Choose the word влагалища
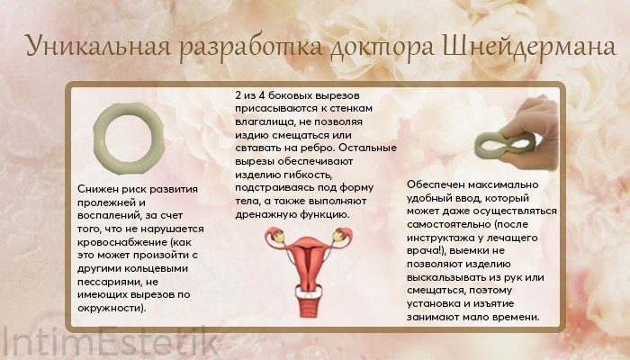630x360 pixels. [x=261, y=121]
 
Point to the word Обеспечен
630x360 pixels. [x=436, y=184]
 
